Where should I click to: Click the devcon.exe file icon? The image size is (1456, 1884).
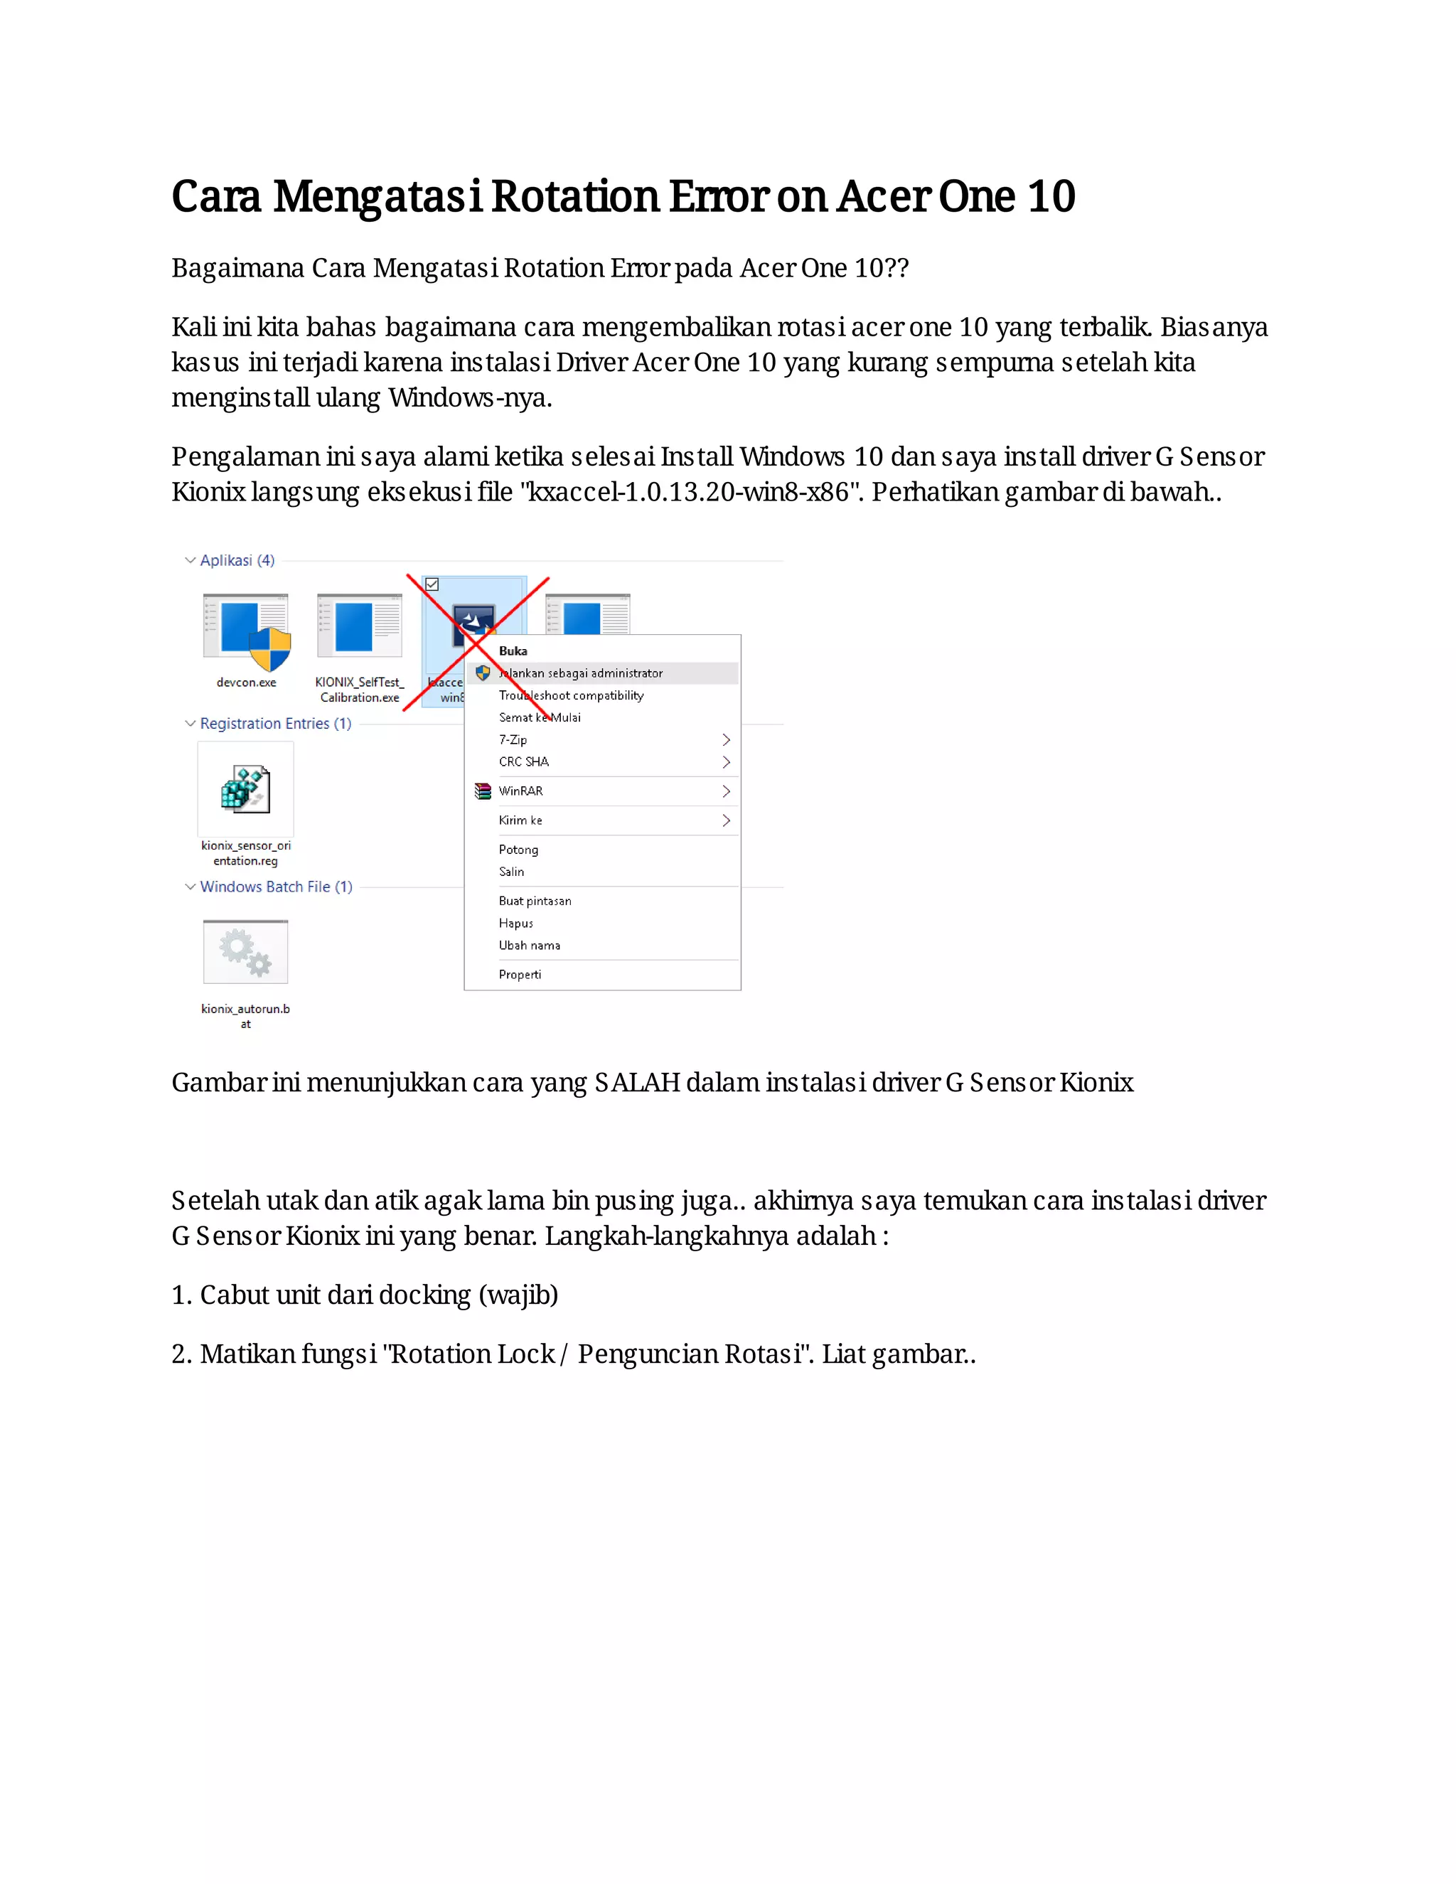[x=246, y=631]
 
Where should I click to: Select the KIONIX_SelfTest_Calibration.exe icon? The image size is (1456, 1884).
[x=359, y=627]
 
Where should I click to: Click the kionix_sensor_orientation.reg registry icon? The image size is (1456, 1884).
[x=246, y=788]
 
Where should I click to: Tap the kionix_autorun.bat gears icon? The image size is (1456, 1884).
[x=246, y=951]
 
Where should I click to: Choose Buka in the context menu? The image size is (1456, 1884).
[x=513, y=651]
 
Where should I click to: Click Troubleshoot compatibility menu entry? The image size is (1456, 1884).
[x=571, y=695]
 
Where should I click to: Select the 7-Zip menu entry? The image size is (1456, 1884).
[x=513, y=740]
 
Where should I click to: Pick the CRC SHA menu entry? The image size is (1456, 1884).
[x=523, y=761]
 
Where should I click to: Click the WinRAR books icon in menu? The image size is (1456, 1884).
[x=483, y=791]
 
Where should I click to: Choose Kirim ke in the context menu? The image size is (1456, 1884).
[x=520, y=820]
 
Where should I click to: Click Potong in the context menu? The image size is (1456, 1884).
[x=518, y=850]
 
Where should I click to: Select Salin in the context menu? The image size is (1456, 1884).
[x=511, y=872]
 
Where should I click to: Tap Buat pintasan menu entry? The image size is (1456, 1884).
[x=535, y=901]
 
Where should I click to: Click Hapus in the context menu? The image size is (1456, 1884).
[x=516, y=923]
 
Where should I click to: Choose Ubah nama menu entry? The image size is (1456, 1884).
[x=530, y=946]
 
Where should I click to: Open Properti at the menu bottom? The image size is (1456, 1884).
[x=520, y=975]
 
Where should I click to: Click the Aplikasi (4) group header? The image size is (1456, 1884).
[x=237, y=561]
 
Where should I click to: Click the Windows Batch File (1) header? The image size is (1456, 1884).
[x=276, y=887]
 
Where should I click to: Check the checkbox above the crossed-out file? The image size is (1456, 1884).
[x=432, y=585]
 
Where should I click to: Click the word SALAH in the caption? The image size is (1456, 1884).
[x=636, y=1083]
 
